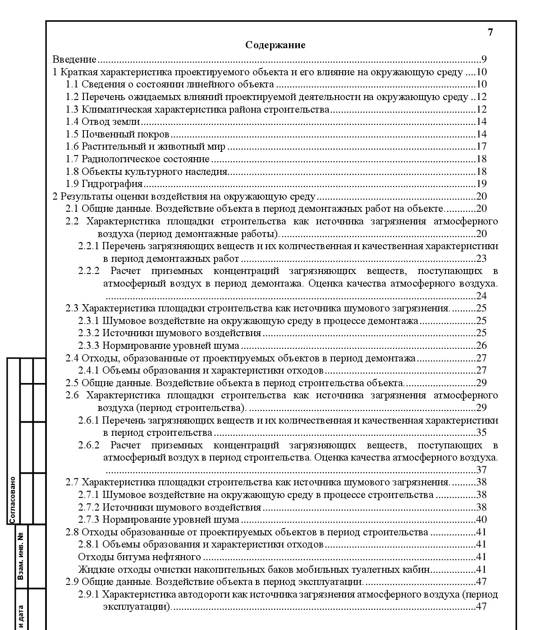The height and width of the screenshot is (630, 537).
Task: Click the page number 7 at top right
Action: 491,32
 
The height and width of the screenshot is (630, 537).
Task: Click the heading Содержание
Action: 275,45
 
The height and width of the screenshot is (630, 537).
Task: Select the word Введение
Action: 74,59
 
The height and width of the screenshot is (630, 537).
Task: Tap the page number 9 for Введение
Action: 484,59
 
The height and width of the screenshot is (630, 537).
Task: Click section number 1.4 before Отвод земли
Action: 72,122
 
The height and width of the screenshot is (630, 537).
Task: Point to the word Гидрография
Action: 112,184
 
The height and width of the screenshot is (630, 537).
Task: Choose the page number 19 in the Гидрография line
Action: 482,184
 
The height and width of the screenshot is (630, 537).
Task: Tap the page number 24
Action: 482,296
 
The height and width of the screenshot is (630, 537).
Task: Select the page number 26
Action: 482,346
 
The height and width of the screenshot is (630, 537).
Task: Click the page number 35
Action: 482,433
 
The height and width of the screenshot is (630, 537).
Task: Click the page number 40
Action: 482,520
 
